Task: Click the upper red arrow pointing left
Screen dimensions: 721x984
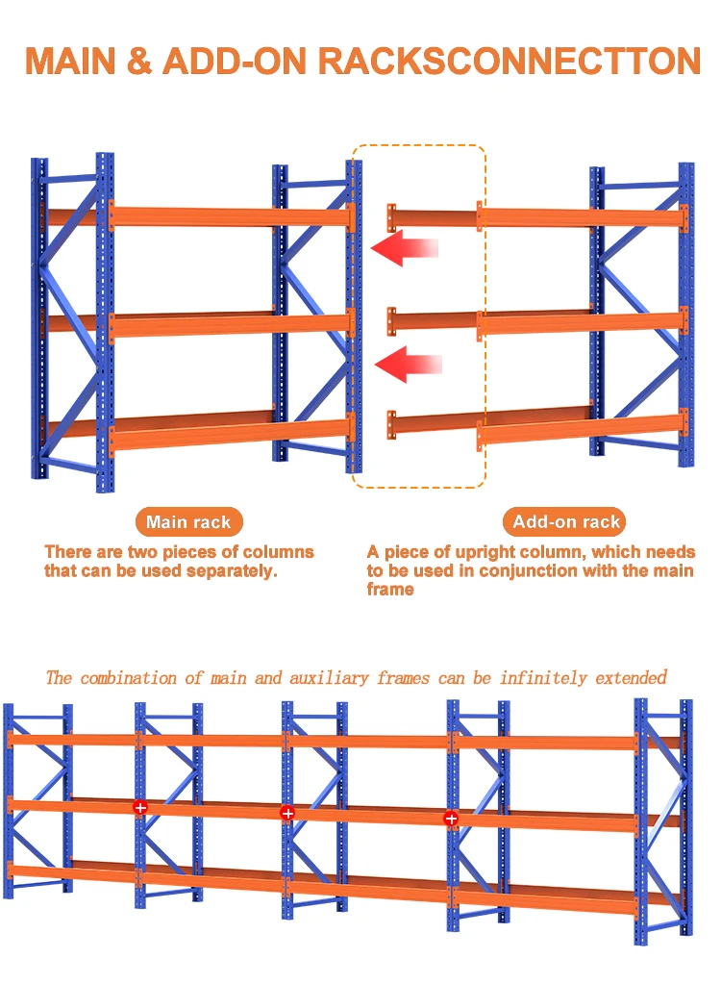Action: tap(404, 250)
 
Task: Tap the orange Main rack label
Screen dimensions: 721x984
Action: tap(188, 522)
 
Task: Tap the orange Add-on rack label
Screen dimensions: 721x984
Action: tap(566, 522)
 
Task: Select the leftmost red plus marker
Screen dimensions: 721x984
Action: tap(140, 807)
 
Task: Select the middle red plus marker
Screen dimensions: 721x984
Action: tap(286, 813)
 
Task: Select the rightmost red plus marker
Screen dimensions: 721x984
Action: tap(451, 819)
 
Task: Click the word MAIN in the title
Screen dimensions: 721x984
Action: tap(72, 61)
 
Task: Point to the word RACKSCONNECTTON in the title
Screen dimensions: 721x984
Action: tap(509, 61)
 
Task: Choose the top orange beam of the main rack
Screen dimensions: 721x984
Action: tap(231, 215)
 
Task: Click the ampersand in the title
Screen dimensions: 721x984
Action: tap(140, 61)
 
